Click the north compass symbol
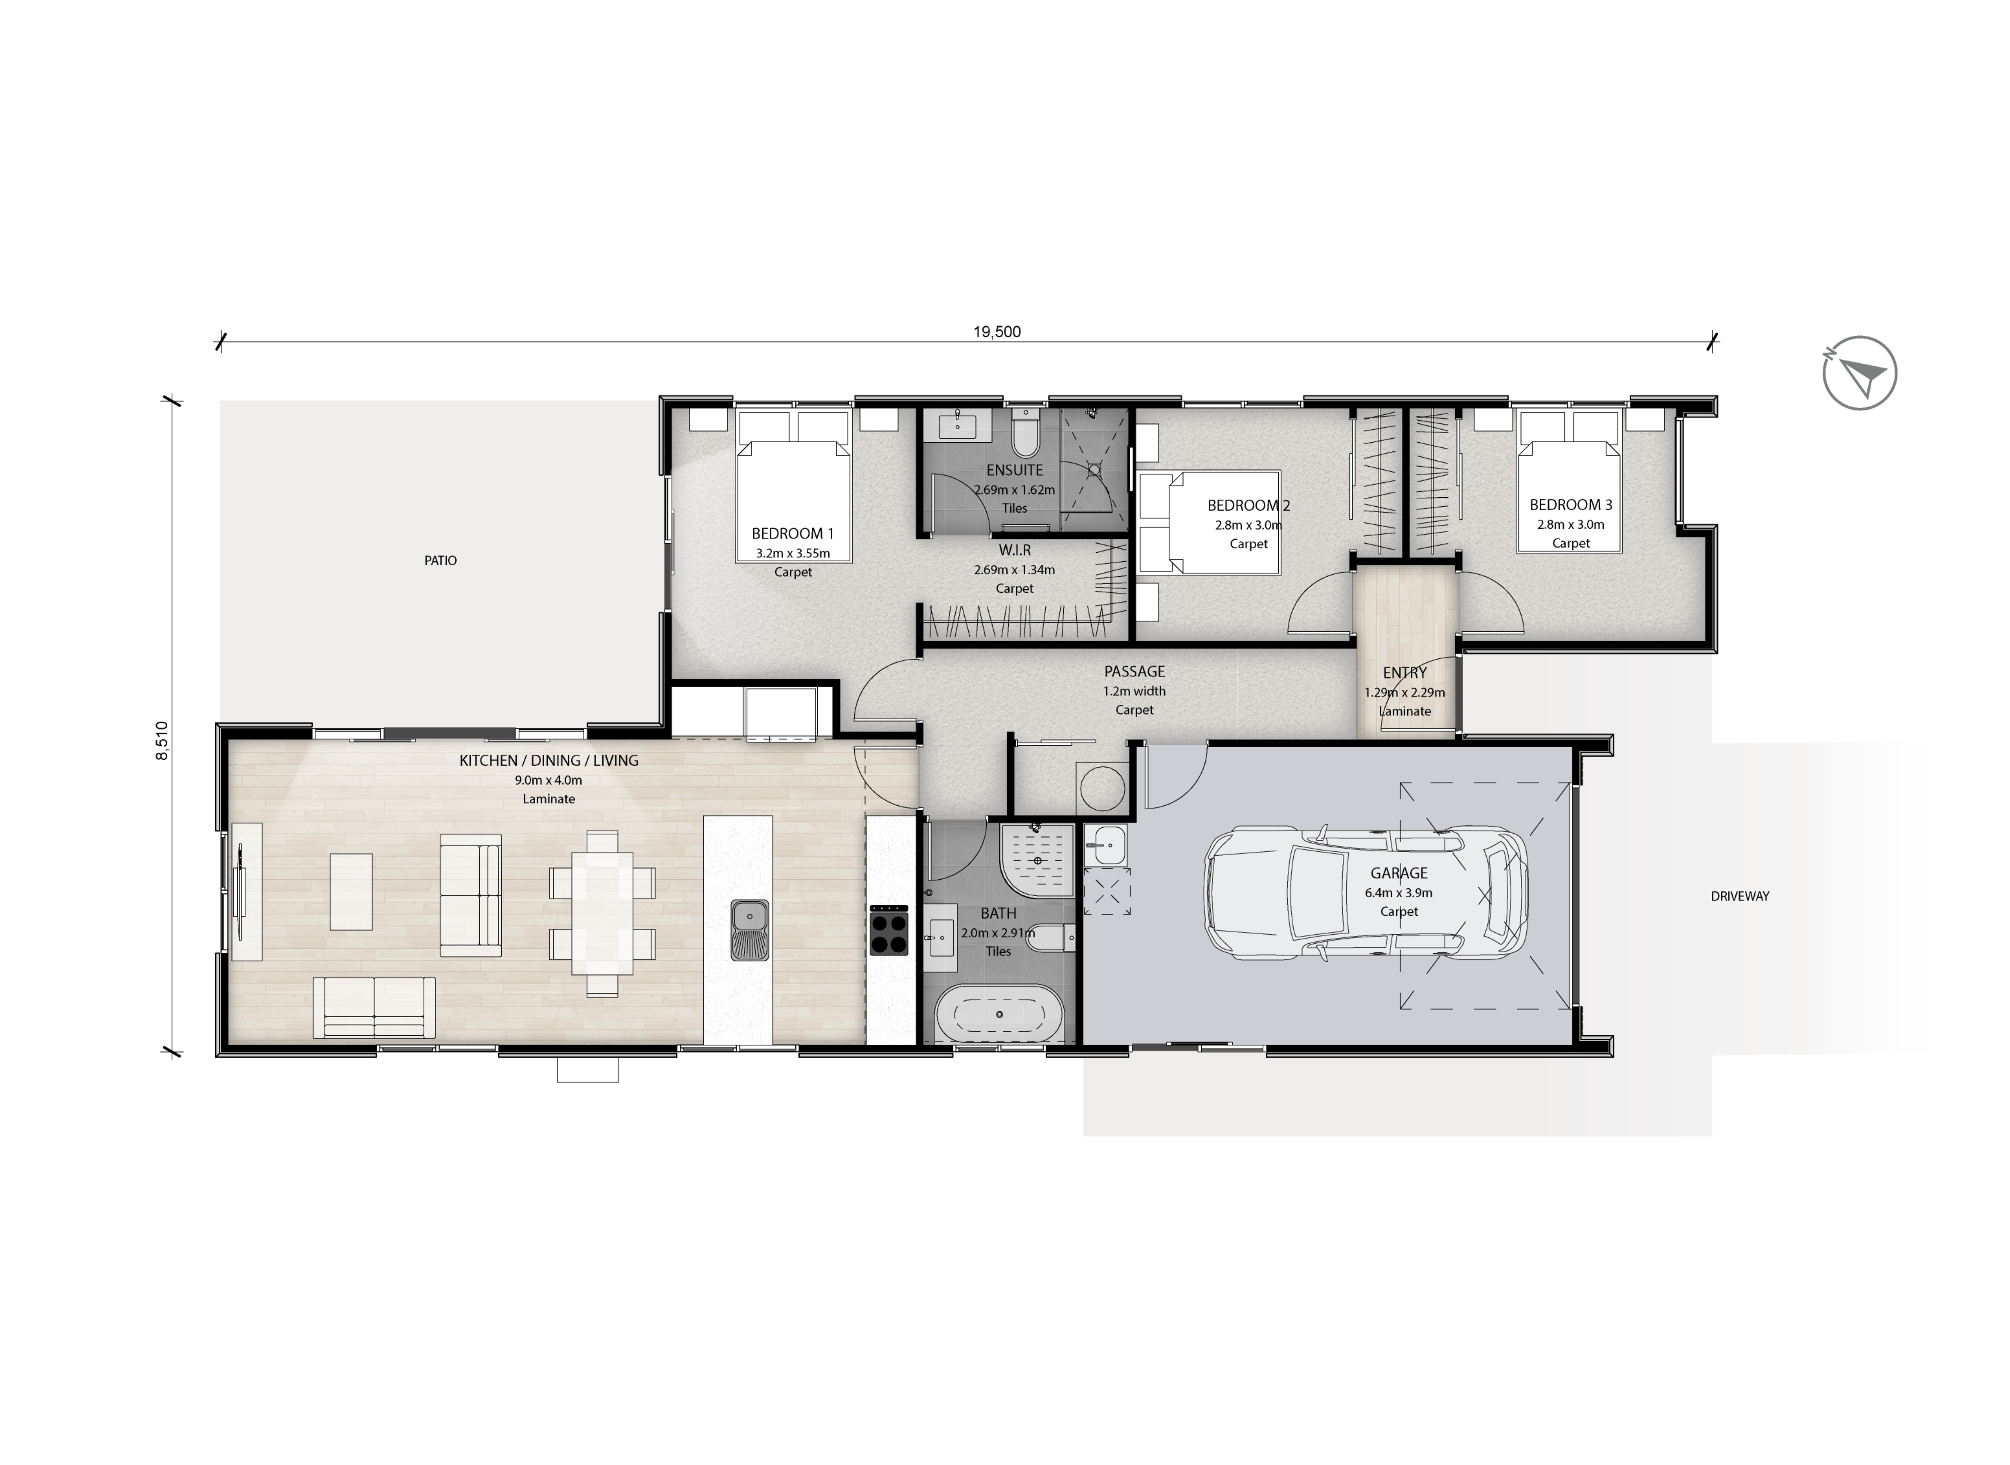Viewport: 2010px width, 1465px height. coord(1860,373)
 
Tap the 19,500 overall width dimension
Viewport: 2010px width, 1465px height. coord(997,332)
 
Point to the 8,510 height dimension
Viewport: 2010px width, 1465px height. coord(161,740)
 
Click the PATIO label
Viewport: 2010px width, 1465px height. coord(441,560)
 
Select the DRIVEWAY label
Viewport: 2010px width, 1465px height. coord(1740,897)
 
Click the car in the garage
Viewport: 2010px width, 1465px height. coord(1366,894)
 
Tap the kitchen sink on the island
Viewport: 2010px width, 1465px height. coord(749,930)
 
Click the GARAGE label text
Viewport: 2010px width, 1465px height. coord(1399,873)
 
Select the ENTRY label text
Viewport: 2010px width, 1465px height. coord(1405,673)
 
